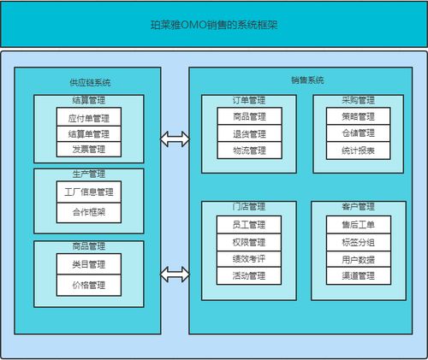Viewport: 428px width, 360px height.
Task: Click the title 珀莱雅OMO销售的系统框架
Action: (x=213, y=26)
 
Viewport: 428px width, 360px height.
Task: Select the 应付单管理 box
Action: (x=89, y=117)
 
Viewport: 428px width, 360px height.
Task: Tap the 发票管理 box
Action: (x=89, y=150)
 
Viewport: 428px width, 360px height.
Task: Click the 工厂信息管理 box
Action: (x=89, y=192)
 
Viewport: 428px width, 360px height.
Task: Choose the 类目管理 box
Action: (x=89, y=264)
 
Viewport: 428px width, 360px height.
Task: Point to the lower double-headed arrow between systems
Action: (x=175, y=274)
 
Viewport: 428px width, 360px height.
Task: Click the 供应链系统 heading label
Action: (x=89, y=83)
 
